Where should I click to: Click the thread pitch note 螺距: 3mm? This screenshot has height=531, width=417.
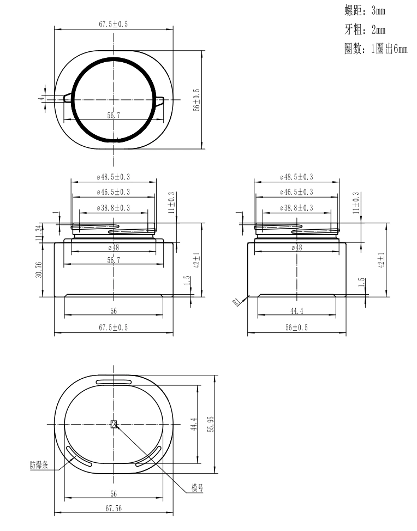tap(364, 10)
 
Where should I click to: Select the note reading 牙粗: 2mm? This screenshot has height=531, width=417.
tap(364, 30)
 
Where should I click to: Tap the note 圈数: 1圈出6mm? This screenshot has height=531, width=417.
tap(376, 50)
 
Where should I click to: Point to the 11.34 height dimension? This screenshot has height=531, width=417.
tap(39, 233)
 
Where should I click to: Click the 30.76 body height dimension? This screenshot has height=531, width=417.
tap(39, 270)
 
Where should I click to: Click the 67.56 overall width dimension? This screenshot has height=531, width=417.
tap(114, 508)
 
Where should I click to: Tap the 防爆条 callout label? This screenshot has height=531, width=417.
tap(39, 465)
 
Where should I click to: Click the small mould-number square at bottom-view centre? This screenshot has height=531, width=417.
tap(114, 424)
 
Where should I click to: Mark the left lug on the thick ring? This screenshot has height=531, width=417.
tap(68, 98)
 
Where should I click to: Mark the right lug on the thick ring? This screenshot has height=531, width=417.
tap(160, 99)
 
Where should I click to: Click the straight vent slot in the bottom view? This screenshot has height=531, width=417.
tap(114, 381)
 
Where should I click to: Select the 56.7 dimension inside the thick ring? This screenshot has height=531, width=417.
tap(114, 115)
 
